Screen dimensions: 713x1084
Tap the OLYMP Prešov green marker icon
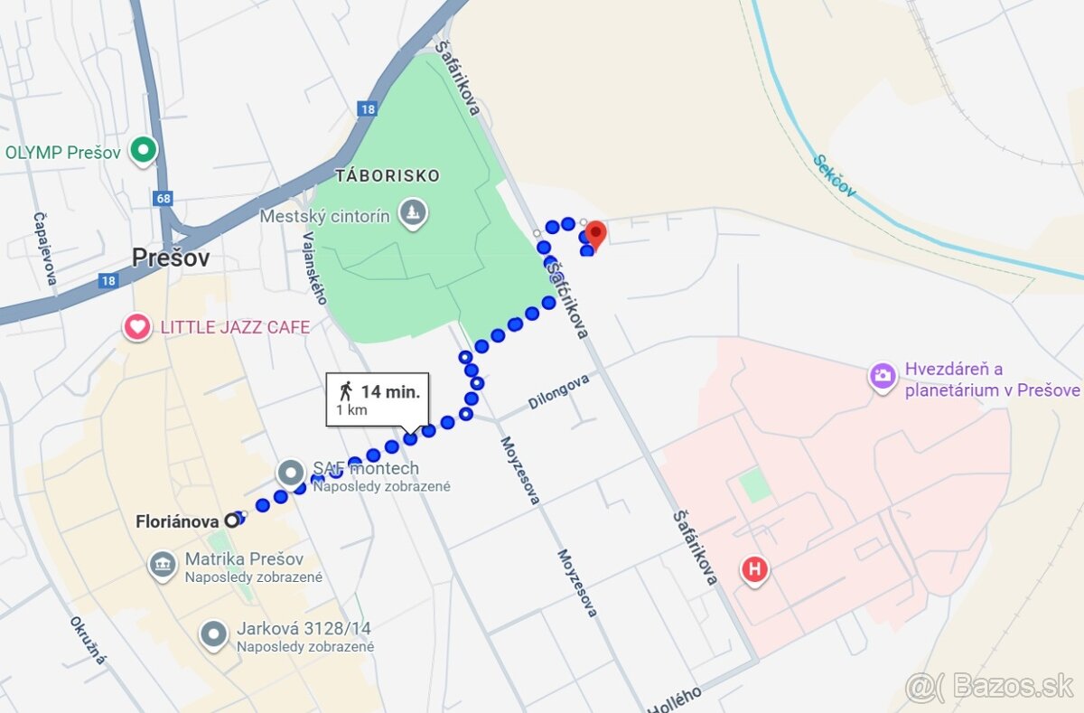[143, 151]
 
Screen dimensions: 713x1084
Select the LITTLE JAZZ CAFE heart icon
[137, 326]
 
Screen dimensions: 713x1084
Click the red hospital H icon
[754, 570]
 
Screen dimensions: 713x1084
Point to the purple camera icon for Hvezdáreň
[883, 376]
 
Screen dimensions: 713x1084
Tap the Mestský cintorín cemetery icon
[414, 214]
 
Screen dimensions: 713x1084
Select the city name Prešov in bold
[171, 258]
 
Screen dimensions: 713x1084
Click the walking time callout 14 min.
[378, 399]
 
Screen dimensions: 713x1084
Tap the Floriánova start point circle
[232, 521]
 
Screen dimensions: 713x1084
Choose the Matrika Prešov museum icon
[163, 567]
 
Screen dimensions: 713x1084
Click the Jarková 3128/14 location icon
[214, 634]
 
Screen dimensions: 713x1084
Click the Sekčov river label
[834, 177]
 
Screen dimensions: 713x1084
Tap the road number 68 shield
[163, 198]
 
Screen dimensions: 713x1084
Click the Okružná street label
[88, 640]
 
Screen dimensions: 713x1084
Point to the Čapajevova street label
[44, 249]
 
